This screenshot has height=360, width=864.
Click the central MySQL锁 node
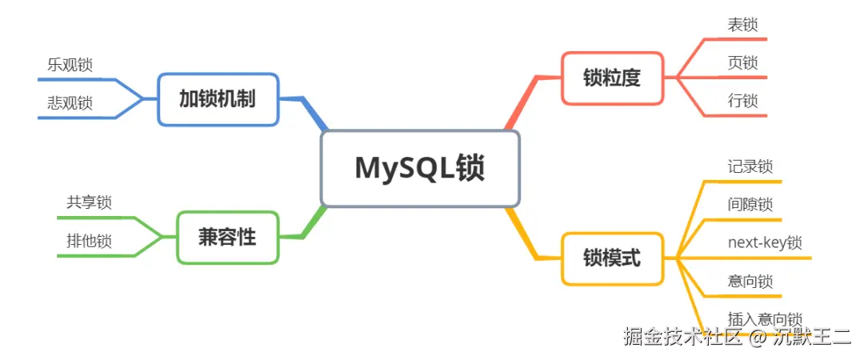(x=420, y=169)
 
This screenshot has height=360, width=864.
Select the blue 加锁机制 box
(x=218, y=99)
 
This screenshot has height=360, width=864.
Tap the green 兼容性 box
(x=227, y=237)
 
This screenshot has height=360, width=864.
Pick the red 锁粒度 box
(x=612, y=78)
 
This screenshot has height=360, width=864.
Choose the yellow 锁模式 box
(x=612, y=258)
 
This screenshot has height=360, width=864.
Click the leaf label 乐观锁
(x=70, y=65)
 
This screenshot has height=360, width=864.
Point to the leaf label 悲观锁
(x=70, y=103)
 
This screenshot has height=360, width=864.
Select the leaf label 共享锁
(x=89, y=202)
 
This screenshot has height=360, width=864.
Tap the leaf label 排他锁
(x=89, y=241)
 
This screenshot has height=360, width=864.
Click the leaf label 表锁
(x=742, y=25)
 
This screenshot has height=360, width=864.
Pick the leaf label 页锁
(x=742, y=63)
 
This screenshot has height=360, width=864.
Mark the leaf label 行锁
(x=742, y=102)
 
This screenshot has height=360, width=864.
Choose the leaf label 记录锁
(x=750, y=166)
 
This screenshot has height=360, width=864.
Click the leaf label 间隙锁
(x=750, y=205)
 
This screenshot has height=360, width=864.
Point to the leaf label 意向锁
(x=750, y=282)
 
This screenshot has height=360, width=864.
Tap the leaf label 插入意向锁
(x=765, y=319)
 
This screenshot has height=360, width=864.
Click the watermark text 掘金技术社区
(x=683, y=337)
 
